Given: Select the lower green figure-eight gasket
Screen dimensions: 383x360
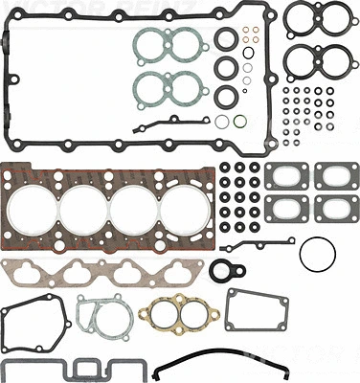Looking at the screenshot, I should [164, 88].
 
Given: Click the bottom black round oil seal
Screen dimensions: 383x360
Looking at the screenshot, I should [226, 97].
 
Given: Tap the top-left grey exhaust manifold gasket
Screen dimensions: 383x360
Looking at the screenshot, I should [283, 176].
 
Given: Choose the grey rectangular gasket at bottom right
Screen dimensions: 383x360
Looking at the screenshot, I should [257, 313].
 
